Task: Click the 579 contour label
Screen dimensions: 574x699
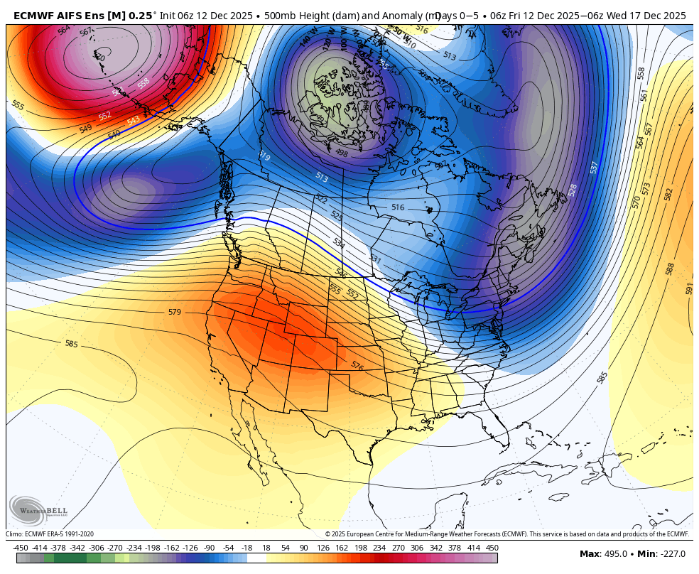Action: coord(174,312)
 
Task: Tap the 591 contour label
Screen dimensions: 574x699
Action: coord(689,288)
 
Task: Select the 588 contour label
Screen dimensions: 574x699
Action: coord(670,269)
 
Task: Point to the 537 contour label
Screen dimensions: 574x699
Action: coord(595,167)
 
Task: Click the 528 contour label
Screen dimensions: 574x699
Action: coord(573,190)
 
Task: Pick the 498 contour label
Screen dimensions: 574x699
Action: coord(341,152)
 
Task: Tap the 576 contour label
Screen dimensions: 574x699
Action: coord(357,366)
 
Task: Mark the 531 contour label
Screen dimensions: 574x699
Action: coord(374,260)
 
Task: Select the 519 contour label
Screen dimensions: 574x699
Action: coord(264,156)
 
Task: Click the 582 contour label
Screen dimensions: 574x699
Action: coord(668,194)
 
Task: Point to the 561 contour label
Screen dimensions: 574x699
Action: coord(644,94)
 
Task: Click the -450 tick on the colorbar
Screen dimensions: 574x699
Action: coord(21,548)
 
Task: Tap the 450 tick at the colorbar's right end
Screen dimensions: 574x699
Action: coord(492,548)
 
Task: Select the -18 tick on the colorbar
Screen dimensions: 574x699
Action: coord(246,548)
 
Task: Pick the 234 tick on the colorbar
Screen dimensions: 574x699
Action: coord(379,548)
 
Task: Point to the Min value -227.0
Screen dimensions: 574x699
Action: coord(672,554)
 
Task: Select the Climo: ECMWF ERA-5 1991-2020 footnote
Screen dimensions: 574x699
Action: coord(50,534)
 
